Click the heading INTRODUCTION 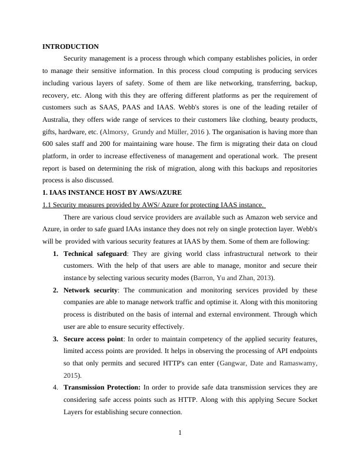[71, 46]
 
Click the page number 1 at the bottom [180, 434]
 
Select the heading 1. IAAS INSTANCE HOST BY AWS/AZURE [112, 192]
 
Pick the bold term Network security [91, 290]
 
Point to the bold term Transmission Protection [102, 388]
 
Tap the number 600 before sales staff [49, 144]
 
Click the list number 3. [55, 339]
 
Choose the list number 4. [55, 388]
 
